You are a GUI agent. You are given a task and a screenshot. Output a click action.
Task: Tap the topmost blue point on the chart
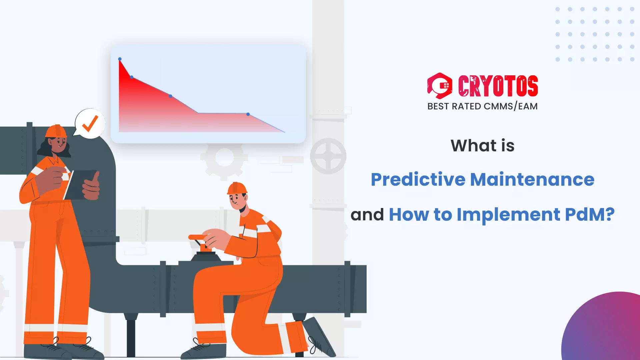coord(120,59)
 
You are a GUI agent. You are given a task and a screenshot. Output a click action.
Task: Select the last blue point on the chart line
coord(248,114)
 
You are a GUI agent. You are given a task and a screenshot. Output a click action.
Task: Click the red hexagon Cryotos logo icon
coord(440,86)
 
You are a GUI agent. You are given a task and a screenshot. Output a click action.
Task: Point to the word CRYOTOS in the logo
coord(498,86)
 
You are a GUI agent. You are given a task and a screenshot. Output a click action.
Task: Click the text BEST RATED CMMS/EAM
coord(482,106)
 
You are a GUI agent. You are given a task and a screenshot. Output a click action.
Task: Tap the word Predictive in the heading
coord(418,179)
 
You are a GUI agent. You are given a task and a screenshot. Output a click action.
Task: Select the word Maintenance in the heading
coord(532,179)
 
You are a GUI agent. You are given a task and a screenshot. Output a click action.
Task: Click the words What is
coord(482,146)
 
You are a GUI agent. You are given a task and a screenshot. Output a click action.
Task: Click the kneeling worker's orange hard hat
coord(237,188)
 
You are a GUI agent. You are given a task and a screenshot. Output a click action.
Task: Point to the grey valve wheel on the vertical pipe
coord(328,156)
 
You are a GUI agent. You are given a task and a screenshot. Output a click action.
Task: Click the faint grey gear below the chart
coord(224,158)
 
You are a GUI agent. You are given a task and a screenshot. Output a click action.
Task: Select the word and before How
coord(367,214)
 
